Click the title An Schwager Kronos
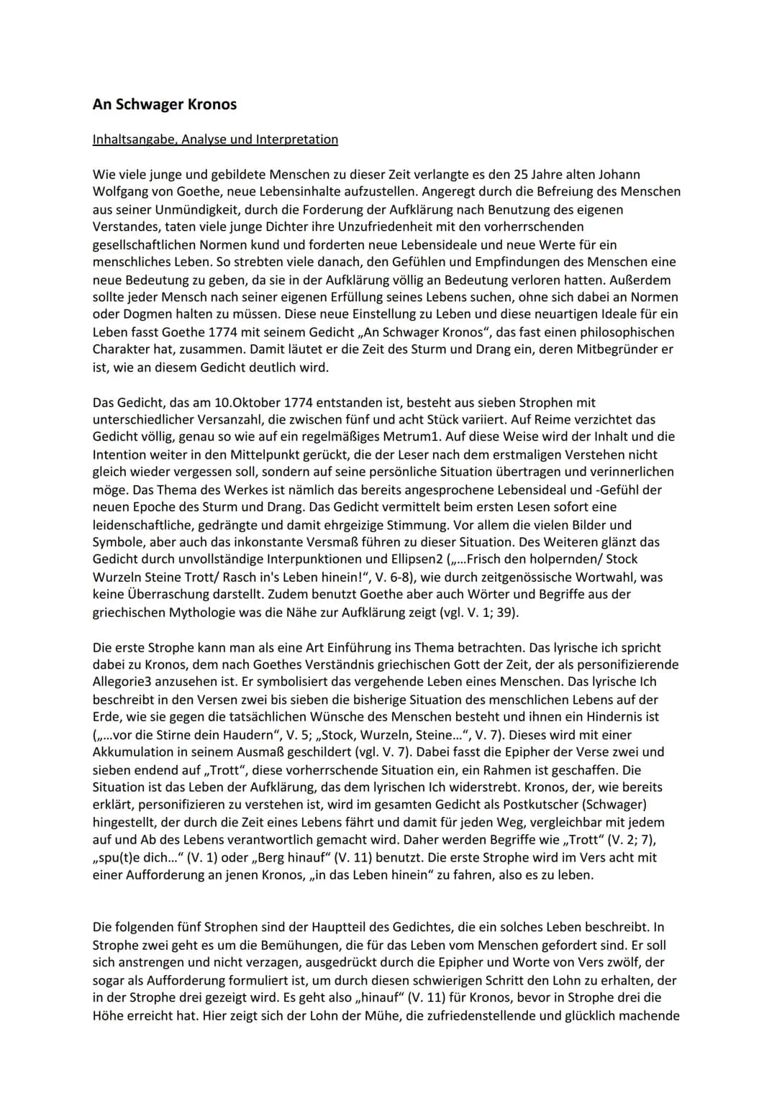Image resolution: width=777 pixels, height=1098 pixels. click(165, 104)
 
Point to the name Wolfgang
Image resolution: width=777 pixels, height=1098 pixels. click(121, 192)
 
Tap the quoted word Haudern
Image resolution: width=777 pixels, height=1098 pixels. click(235, 735)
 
